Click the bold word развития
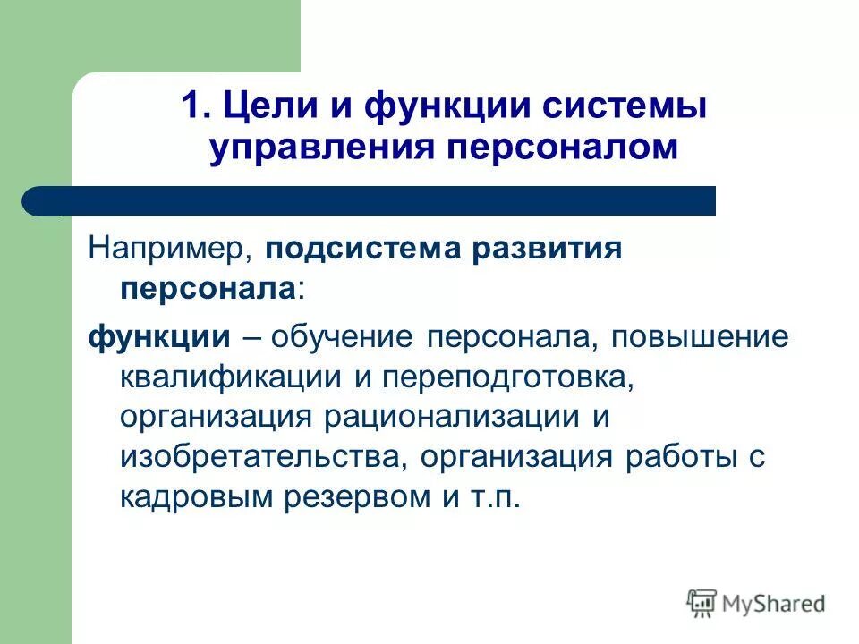(x=553, y=248)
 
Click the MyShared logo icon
(x=702, y=603)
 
